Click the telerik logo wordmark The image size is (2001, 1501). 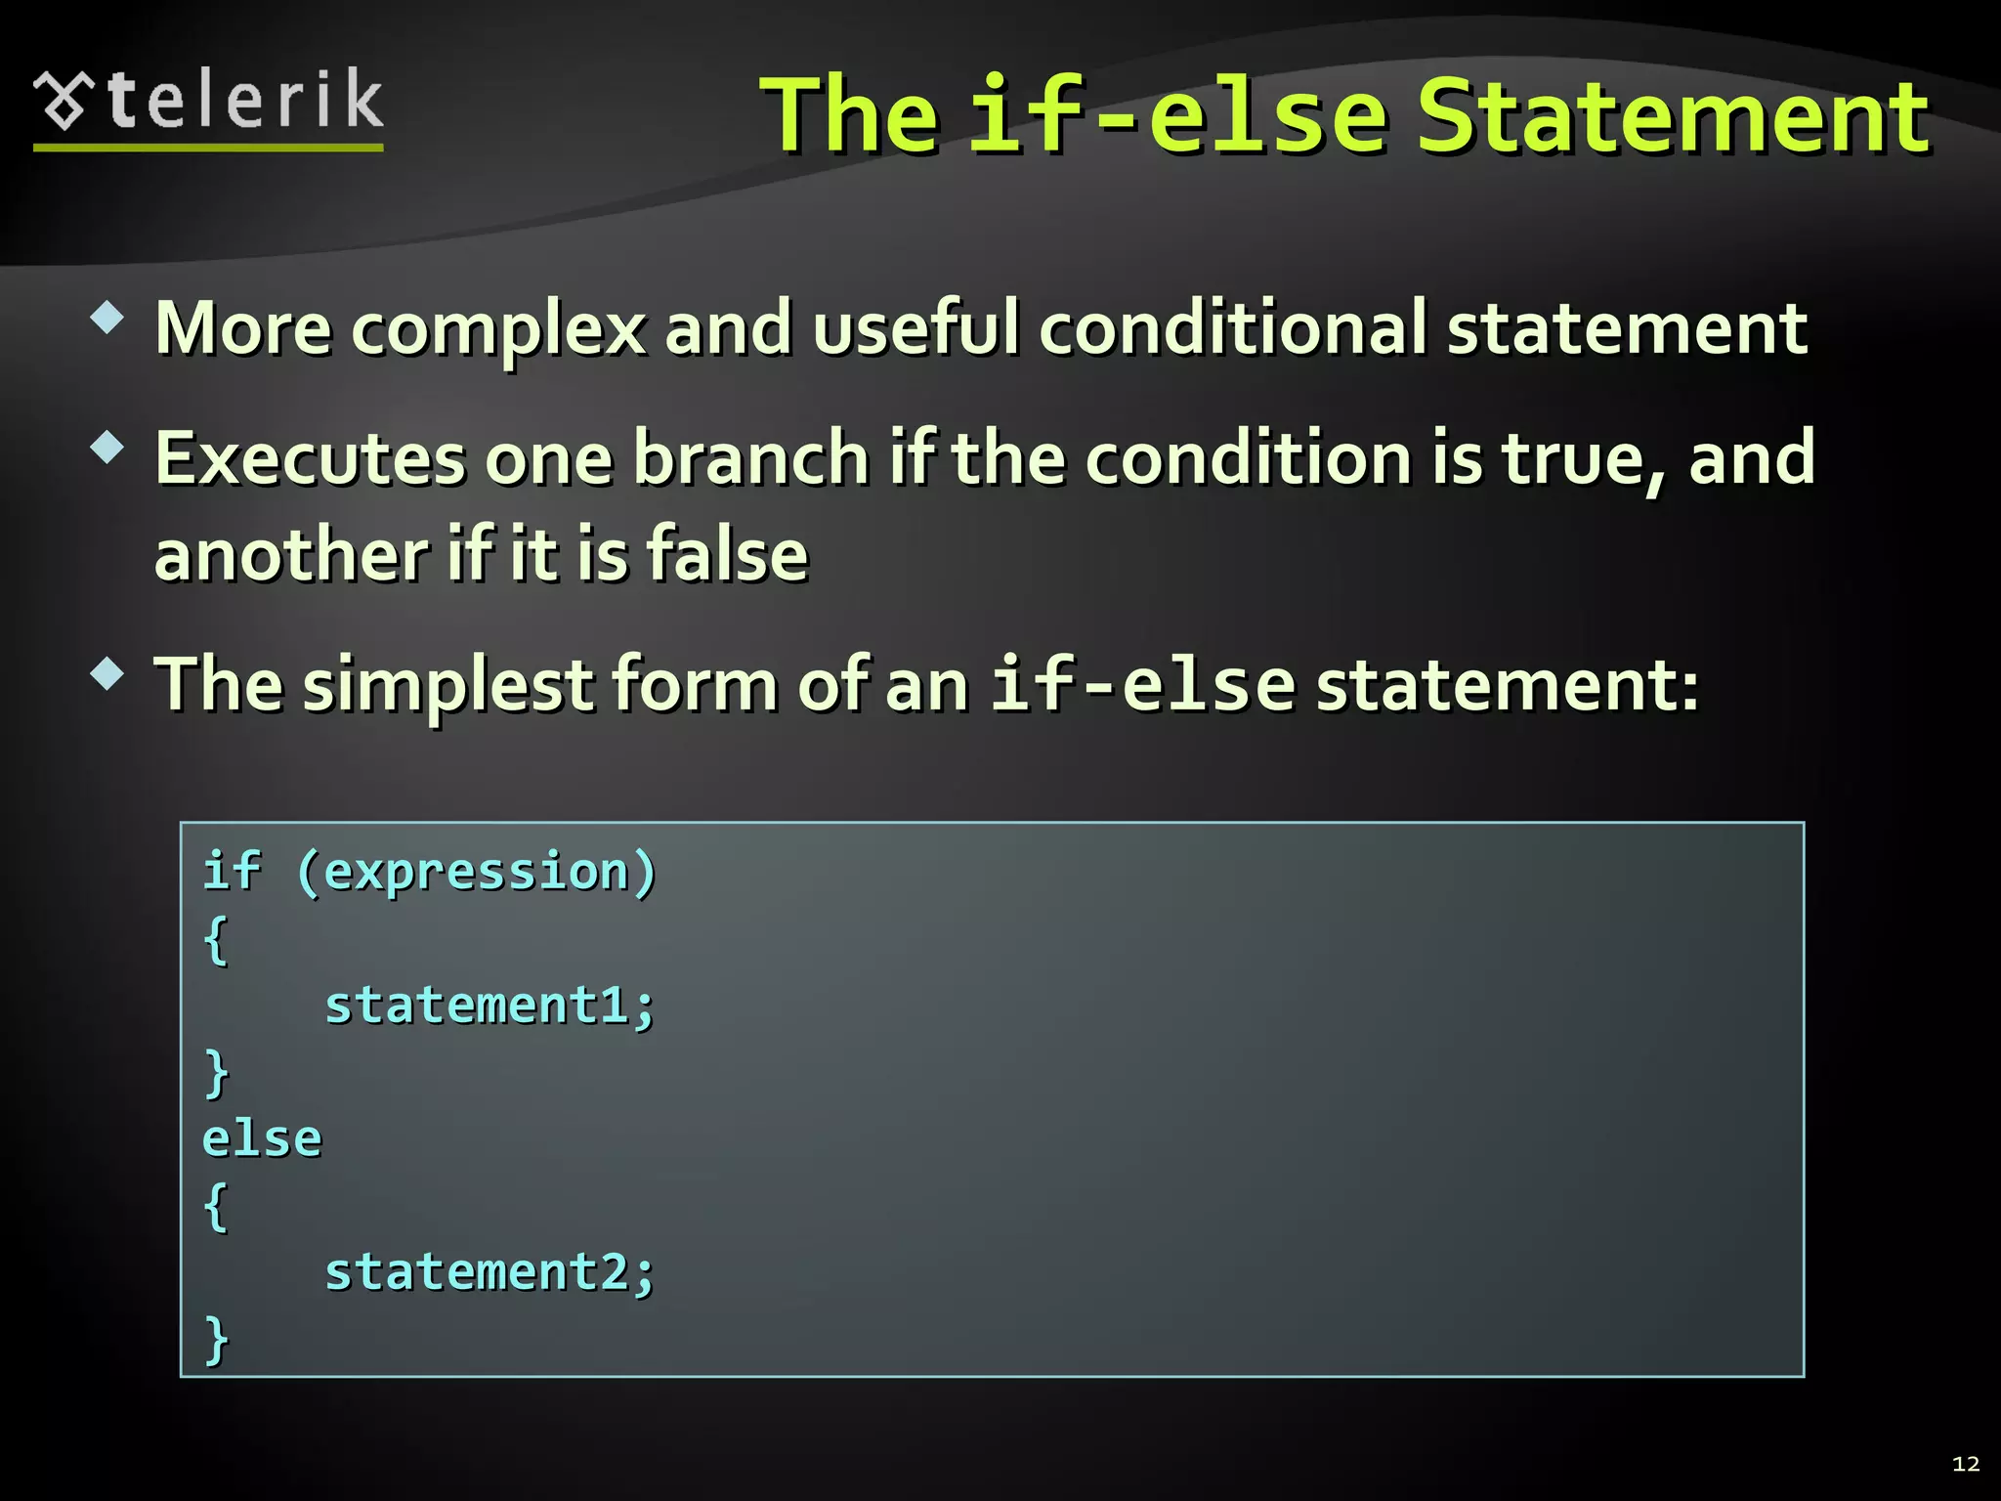click(x=244, y=101)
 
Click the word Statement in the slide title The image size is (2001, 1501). click(x=1673, y=116)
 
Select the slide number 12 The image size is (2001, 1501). click(x=1965, y=1463)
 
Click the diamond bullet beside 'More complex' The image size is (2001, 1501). click(x=106, y=318)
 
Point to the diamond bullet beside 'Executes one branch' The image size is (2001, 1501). click(x=106, y=448)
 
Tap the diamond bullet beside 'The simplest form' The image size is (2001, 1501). click(x=106, y=674)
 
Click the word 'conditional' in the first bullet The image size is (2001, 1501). click(x=1233, y=328)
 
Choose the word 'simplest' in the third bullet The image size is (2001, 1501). click(x=447, y=686)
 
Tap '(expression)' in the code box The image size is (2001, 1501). click(x=476, y=872)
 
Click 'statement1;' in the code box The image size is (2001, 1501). click(x=490, y=1006)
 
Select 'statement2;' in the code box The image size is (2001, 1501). click(x=490, y=1273)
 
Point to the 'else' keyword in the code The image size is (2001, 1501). click(x=262, y=1139)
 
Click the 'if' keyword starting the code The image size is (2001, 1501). click(x=232, y=872)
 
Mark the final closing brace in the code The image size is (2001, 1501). click(x=216, y=1339)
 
